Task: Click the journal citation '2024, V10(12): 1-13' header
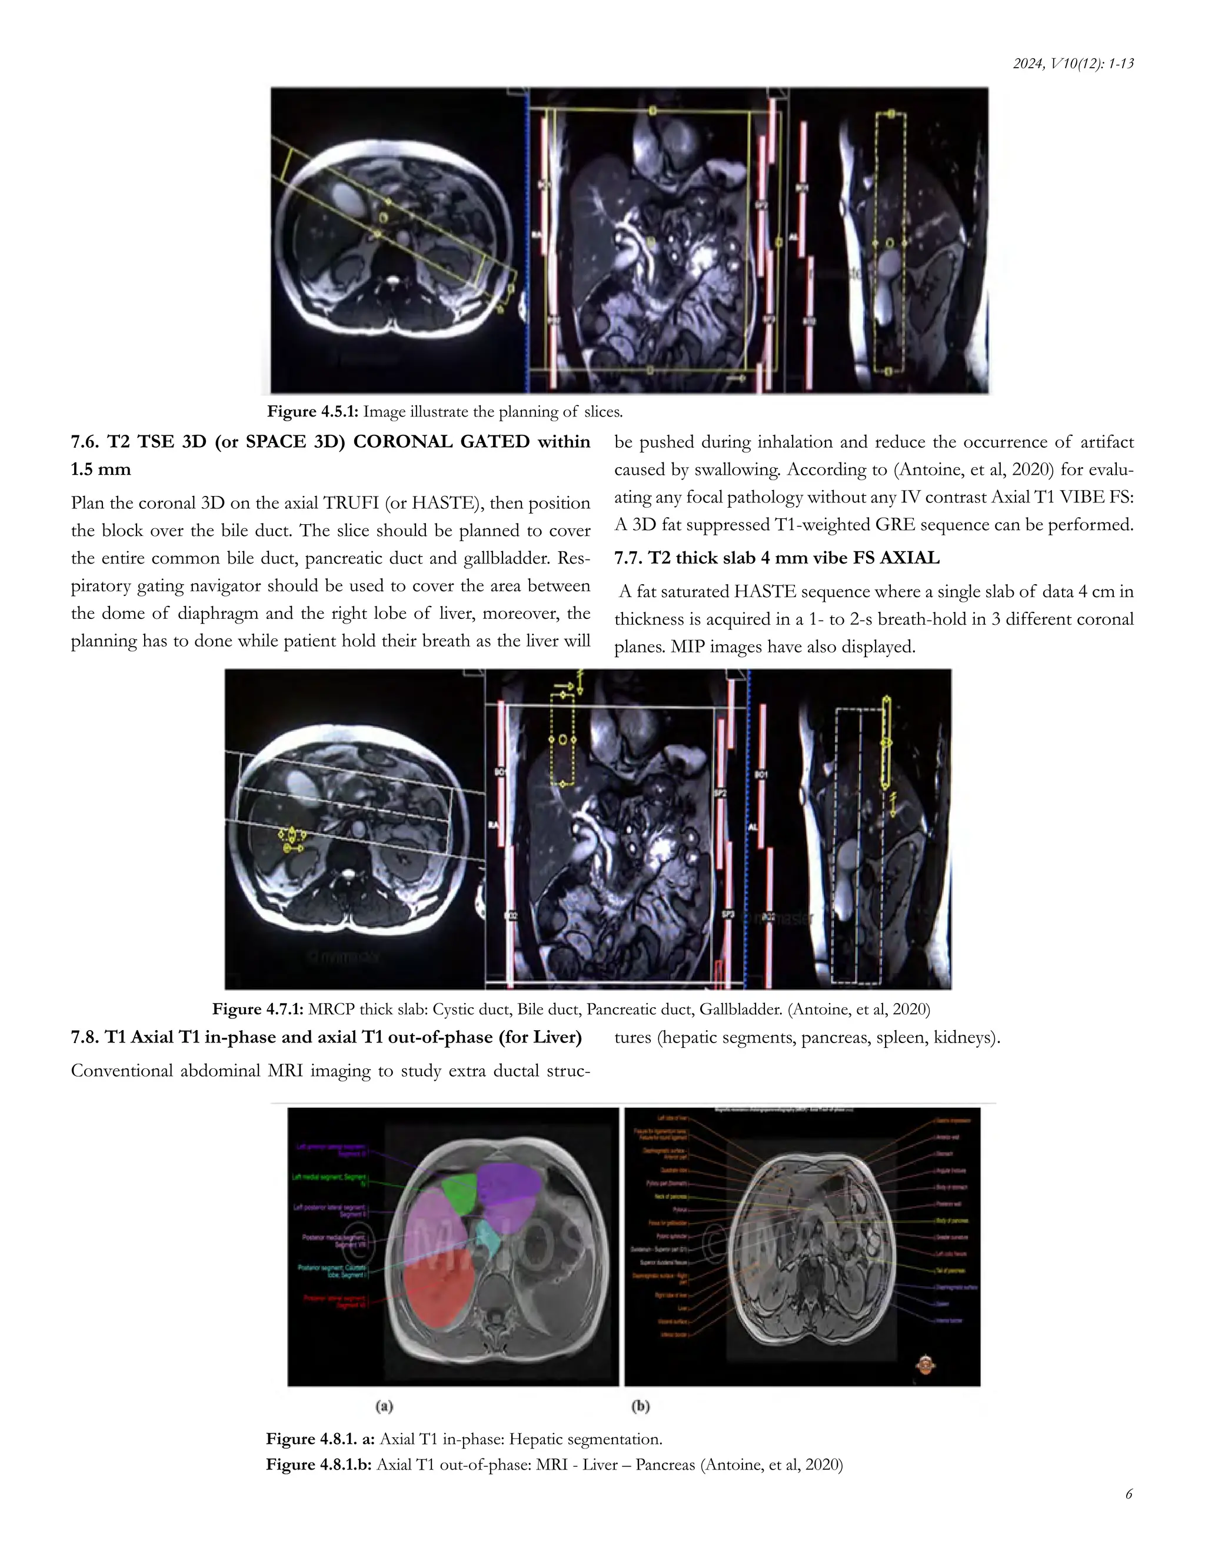[x=1073, y=64]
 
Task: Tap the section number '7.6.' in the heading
[x=86, y=442]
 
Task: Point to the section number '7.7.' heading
[x=628, y=558]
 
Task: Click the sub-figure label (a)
[x=384, y=1406]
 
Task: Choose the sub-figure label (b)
[x=640, y=1406]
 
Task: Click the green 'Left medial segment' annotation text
[x=330, y=1180]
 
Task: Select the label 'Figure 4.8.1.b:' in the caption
[x=318, y=1465]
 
